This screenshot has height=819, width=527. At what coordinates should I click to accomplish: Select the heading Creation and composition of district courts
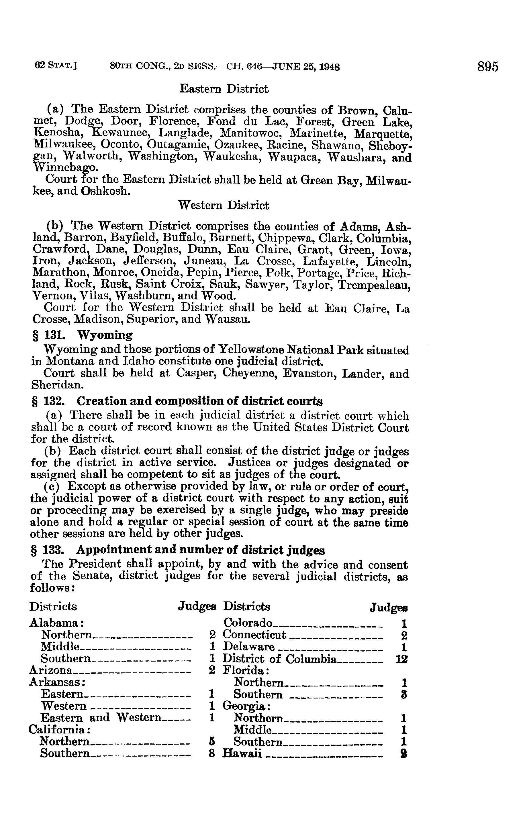tap(199, 401)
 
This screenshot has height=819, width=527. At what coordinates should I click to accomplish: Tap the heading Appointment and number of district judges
tap(201, 550)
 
